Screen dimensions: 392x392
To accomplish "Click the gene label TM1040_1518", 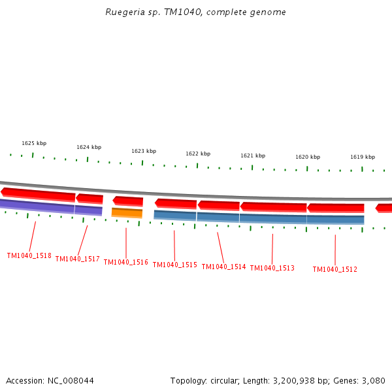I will click(x=29, y=256).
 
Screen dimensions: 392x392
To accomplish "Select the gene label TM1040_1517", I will click(x=77, y=259).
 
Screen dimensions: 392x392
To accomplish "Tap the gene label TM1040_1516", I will click(x=125, y=263).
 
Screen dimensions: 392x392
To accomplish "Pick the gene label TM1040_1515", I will click(x=174, y=265).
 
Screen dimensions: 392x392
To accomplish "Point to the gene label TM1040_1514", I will click(x=223, y=267).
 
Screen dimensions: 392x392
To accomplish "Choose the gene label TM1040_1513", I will click(x=272, y=268).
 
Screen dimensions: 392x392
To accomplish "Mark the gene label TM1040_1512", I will click(x=335, y=269).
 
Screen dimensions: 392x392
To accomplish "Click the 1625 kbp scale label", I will click(x=34, y=143).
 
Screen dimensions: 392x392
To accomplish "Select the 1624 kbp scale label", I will click(x=89, y=147).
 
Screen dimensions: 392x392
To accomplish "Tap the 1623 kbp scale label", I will click(x=144, y=151).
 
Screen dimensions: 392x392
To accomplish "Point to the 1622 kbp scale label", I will click(x=198, y=154).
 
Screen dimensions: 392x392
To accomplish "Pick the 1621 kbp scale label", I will click(x=253, y=155).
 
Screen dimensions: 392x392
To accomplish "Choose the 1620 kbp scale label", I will click(x=308, y=157).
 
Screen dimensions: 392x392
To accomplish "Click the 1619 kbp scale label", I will click(x=363, y=157).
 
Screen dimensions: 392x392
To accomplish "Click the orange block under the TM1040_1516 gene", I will click(x=127, y=213).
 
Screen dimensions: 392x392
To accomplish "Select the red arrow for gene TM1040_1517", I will click(x=90, y=198).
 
